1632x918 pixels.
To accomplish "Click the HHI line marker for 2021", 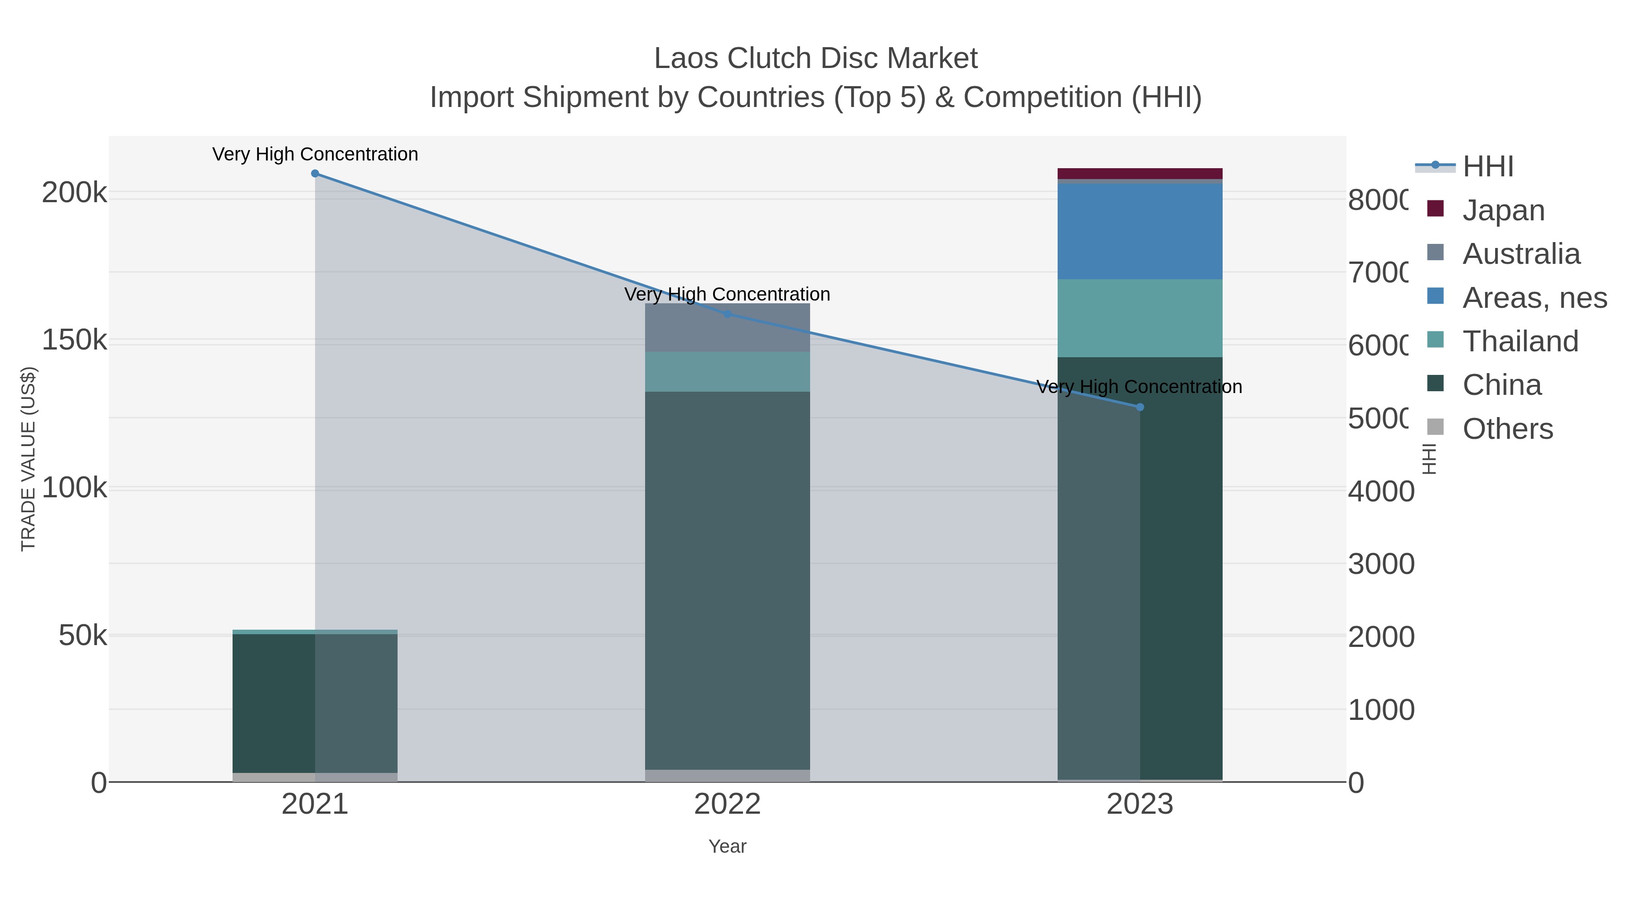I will click(315, 174).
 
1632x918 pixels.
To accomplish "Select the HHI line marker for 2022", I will click(727, 314).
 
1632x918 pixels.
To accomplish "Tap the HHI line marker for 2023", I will click(1140, 408).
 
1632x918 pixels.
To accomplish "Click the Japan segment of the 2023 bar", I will click(1140, 174).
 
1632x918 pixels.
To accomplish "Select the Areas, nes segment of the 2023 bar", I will click(1140, 231).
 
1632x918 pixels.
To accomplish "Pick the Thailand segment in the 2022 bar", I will click(727, 371).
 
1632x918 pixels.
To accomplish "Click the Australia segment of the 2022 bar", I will click(727, 328).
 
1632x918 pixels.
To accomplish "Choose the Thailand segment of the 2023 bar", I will click(1140, 318).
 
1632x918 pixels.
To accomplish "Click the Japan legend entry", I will click(1503, 210).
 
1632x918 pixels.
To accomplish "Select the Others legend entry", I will click(1506, 429).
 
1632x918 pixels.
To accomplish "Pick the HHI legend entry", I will click(1487, 167).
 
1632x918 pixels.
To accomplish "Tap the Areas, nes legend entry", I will click(1534, 298).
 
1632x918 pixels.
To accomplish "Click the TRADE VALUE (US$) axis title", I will click(29, 459).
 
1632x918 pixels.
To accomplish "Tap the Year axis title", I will click(727, 846).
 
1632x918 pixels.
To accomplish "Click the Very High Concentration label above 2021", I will click(315, 154).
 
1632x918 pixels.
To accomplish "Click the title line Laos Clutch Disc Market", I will click(816, 58).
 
